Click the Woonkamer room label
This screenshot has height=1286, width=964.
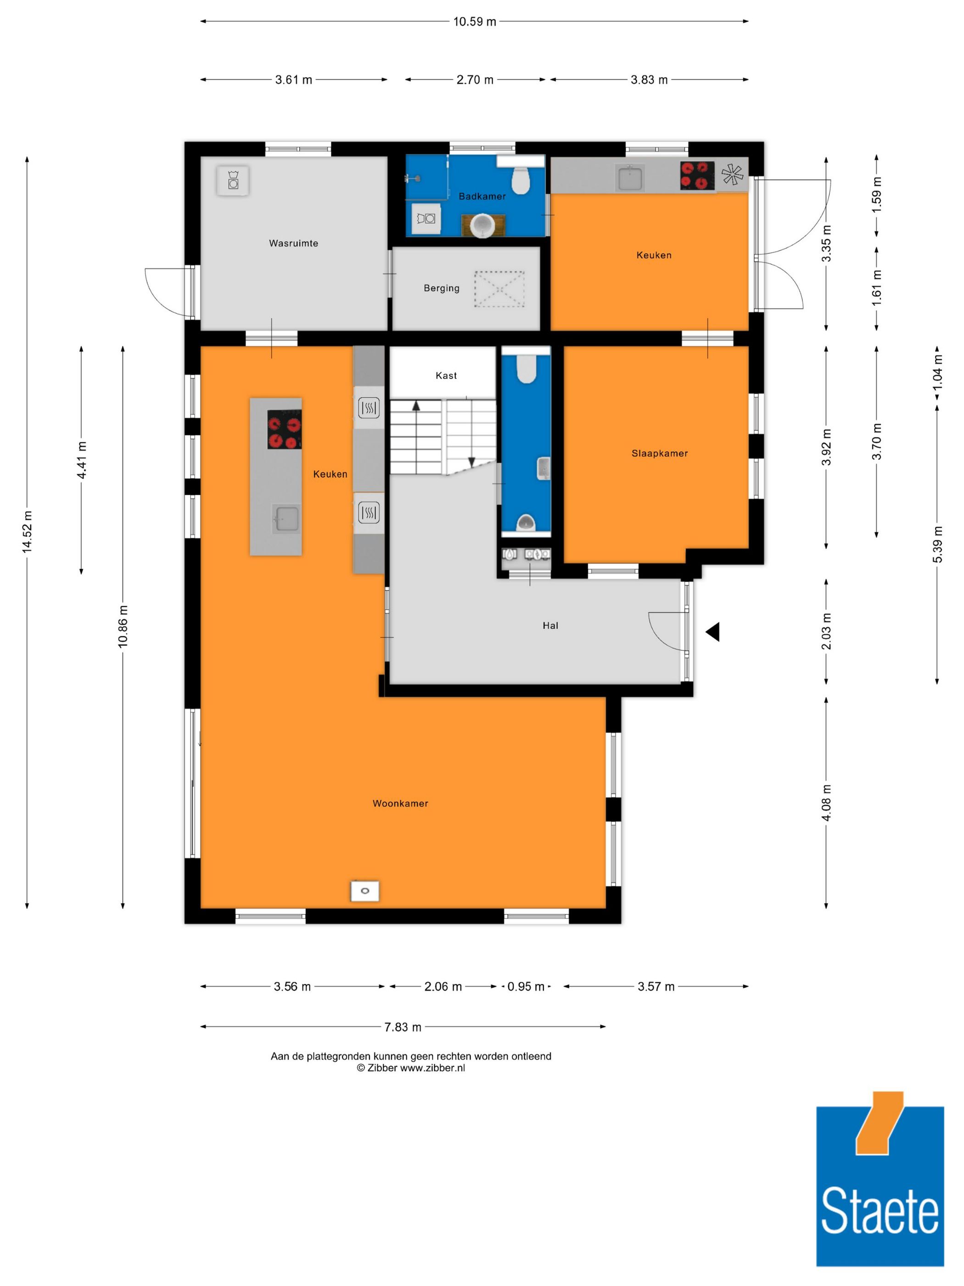[400, 803]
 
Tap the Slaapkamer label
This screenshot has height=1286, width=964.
[660, 453]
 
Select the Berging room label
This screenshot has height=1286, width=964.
[442, 288]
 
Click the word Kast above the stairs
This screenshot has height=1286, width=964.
[446, 376]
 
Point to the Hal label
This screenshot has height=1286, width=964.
[550, 626]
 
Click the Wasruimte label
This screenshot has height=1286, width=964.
[293, 243]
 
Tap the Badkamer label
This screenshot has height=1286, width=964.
[482, 197]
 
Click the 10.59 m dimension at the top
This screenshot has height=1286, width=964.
[475, 22]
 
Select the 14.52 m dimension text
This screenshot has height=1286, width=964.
[27, 532]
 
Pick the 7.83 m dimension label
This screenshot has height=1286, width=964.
[403, 1027]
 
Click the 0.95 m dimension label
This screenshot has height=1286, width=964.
[526, 987]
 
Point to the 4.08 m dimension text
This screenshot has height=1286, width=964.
[826, 802]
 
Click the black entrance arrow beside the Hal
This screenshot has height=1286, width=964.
[713, 632]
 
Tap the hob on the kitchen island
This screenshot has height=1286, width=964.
[284, 429]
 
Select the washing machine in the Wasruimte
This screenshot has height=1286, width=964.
[232, 181]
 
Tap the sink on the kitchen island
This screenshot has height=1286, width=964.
[286, 518]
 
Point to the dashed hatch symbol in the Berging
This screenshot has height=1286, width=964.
[499, 288]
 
